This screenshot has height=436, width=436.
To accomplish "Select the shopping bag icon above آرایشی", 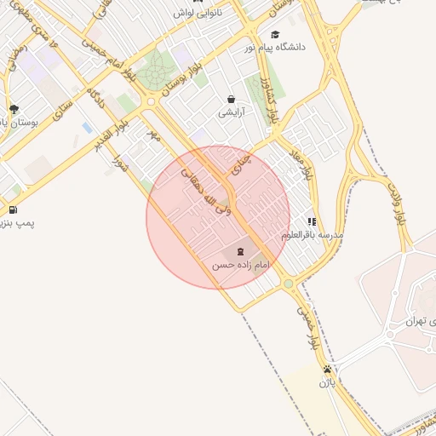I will pos(231,99).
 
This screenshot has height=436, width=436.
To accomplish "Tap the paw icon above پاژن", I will pos(327,370).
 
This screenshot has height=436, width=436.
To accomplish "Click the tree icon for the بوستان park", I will pos(14,109).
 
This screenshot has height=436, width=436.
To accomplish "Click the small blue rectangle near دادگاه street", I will pos(87,128).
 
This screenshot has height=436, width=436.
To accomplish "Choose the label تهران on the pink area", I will pos(415,321).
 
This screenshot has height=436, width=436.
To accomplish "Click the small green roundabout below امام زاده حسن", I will pos(289,284).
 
